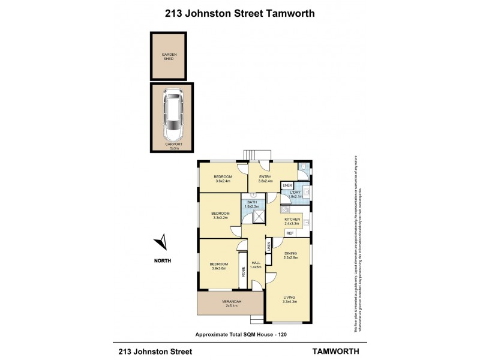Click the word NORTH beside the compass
pos(162,260)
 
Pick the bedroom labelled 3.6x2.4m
pos(223,179)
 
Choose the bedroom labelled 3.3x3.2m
pos(220,215)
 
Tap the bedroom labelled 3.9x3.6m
pos(218,266)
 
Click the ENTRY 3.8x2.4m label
pos(266,179)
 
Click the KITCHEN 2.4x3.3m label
pos(292,221)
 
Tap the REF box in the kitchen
pos(290,233)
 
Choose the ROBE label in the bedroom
pos(244,272)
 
